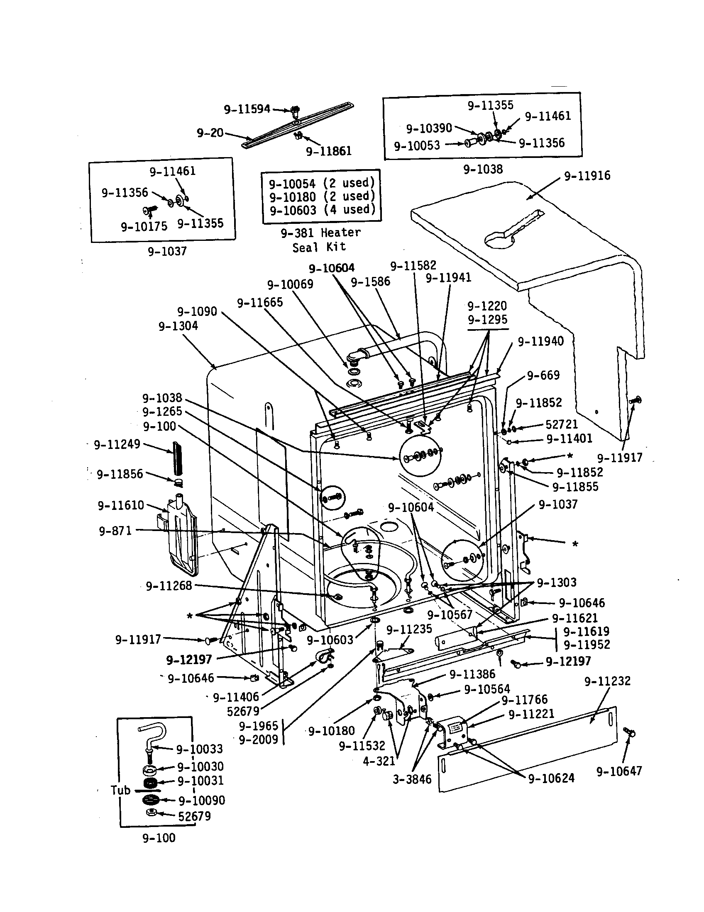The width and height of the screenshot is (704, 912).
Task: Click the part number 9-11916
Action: [x=587, y=176]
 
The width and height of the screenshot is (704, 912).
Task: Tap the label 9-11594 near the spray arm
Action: [x=247, y=109]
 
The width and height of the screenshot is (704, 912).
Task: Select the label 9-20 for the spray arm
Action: [x=210, y=133]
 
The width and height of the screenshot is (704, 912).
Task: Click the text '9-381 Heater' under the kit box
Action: [x=320, y=233]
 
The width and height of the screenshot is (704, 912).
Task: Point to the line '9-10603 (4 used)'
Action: [x=322, y=210]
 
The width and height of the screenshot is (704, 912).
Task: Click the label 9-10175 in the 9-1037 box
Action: [x=144, y=227]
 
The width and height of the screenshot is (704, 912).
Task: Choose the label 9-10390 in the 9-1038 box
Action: [x=429, y=128]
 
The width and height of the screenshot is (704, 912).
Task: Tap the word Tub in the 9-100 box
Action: [x=120, y=790]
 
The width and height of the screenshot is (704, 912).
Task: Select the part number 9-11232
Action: [x=607, y=682]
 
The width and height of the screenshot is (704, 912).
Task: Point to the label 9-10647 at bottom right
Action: [x=619, y=771]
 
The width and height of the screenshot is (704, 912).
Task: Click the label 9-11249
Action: [x=117, y=444]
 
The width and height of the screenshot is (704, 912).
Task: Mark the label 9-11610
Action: [x=121, y=506]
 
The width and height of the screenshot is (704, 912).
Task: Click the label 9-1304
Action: [x=178, y=326]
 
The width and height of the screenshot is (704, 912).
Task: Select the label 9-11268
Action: [x=169, y=586]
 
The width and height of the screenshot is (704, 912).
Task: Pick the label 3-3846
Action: [x=412, y=779]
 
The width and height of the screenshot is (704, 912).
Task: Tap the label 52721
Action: [x=562, y=424]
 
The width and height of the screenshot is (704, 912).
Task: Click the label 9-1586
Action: [x=370, y=281]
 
